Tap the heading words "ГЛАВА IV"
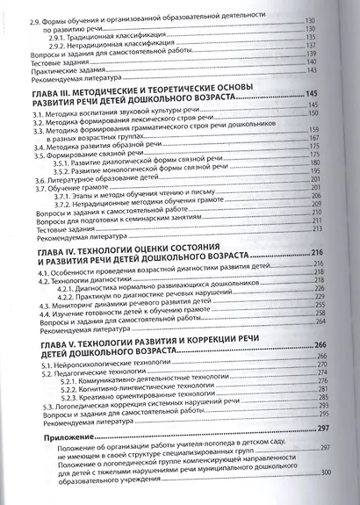pos(59,251)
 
